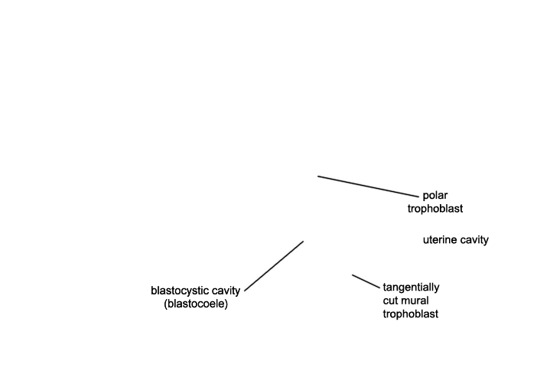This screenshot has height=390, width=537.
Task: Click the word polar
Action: pos(435,196)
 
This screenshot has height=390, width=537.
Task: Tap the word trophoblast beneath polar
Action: pos(435,209)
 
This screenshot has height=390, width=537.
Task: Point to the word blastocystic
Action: pos(180,291)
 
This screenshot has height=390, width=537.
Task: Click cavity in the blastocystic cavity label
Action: pos(226,291)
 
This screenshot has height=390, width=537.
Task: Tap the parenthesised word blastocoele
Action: pos(196,304)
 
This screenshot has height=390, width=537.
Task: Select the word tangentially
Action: pos(411,288)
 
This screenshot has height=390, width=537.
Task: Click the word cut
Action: pos(389,301)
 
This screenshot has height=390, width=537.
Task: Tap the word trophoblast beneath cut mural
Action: pos(411,314)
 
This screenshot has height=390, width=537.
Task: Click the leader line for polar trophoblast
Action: pos(368,187)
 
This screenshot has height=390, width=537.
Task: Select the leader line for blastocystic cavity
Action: pos(274,266)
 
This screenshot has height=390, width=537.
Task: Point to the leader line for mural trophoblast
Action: pos(366,281)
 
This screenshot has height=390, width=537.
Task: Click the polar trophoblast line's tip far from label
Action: pos(317,177)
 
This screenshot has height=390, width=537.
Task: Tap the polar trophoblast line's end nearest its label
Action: pos(418,197)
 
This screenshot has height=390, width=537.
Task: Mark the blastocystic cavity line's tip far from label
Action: pos(304,242)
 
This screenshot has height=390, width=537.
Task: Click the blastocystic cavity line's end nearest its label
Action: pos(245,291)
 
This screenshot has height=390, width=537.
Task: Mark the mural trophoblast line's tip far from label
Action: pos(352,275)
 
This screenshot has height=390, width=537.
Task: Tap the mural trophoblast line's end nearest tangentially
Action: pos(380,288)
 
